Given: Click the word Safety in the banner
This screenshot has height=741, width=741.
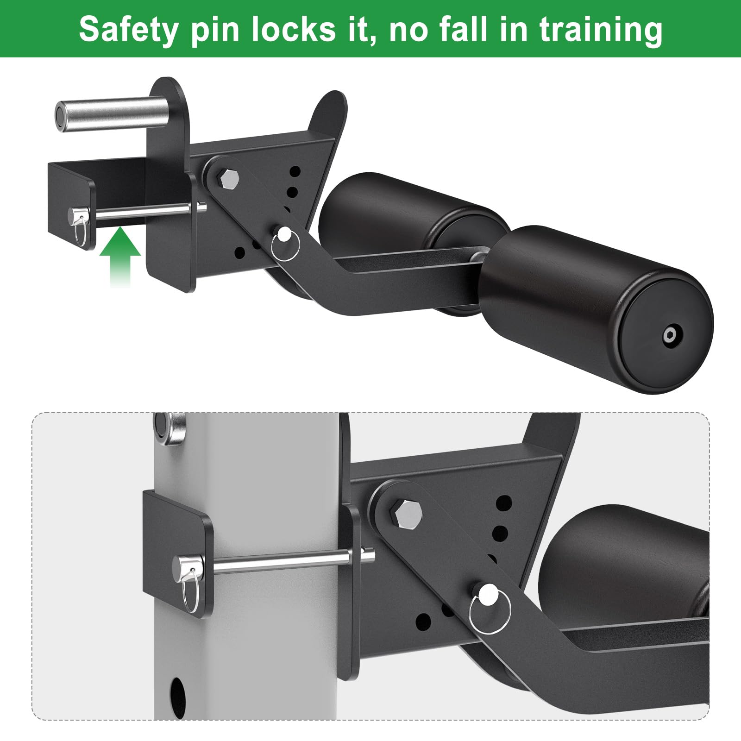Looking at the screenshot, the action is coord(128,30).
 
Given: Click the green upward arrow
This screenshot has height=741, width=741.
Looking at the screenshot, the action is coord(120,257).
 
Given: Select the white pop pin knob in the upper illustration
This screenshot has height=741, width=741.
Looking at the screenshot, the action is coord(283,232).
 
